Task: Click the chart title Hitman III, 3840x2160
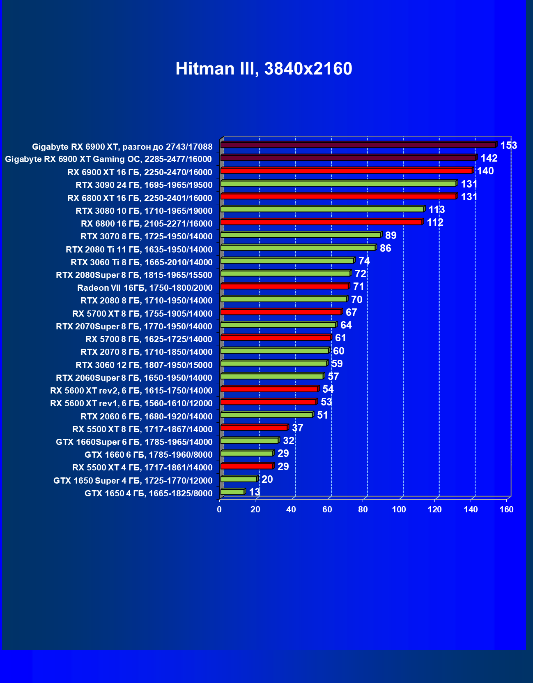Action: [264, 69]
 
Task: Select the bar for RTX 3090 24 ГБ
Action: [338, 183]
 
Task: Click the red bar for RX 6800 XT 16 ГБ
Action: [338, 197]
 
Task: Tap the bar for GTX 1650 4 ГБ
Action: [232, 492]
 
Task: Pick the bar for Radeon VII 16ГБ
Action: [285, 286]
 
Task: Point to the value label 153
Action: [508, 146]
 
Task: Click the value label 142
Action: [489, 158]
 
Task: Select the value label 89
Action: [391, 236]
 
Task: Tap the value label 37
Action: [297, 428]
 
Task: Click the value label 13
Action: [254, 492]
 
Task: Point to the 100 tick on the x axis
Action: [399, 510]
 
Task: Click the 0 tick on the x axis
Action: [219, 510]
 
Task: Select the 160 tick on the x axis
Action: [506, 510]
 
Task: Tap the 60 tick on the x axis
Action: [327, 510]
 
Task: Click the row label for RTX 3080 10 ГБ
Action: [144, 211]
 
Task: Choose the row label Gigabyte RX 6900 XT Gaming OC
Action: [108, 159]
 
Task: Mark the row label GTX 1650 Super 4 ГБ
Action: [133, 481]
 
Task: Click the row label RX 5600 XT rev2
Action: [131, 391]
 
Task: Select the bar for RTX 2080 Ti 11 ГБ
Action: [298, 248]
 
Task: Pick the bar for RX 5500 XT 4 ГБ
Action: [247, 466]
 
